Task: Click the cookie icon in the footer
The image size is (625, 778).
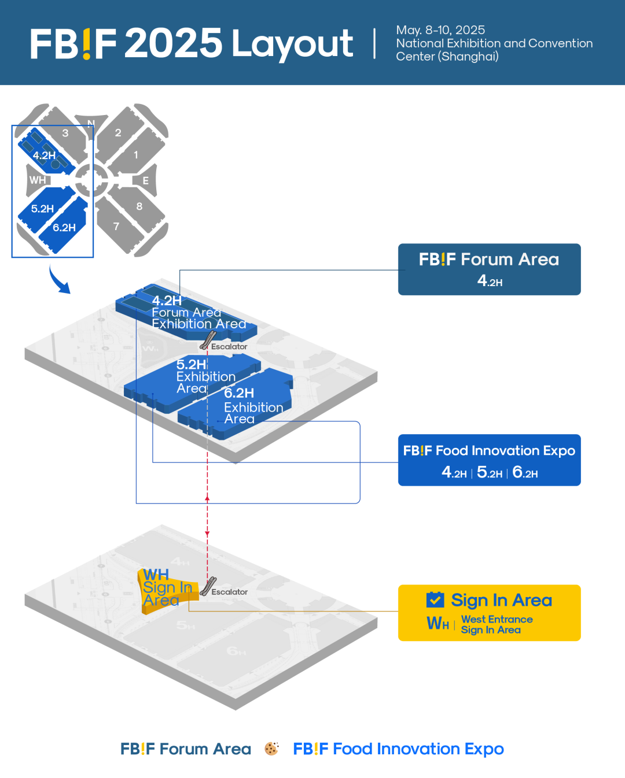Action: [x=271, y=749]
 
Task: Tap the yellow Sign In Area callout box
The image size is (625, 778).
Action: [x=489, y=613]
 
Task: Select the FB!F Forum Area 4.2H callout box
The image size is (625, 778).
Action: [x=489, y=269]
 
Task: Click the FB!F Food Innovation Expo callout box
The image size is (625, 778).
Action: [x=489, y=460]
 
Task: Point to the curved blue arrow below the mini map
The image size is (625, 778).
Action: [x=58, y=280]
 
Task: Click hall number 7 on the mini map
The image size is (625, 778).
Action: [x=116, y=227]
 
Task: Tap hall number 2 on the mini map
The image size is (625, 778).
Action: [x=118, y=133]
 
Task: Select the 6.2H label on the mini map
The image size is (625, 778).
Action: [x=64, y=228]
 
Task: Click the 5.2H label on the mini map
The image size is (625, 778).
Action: [x=42, y=209]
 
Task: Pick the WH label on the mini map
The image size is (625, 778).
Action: [x=38, y=180]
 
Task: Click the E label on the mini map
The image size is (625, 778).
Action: [x=145, y=181]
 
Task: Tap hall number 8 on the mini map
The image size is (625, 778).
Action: [x=139, y=206]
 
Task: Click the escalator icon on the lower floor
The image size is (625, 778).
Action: [x=208, y=586]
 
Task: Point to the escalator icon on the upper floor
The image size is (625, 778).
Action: [x=207, y=341]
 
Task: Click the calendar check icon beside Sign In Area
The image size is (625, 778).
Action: [x=435, y=600]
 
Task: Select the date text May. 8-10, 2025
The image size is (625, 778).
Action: [x=440, y=30]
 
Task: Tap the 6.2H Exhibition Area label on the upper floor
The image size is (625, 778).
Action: [x=253, y=406]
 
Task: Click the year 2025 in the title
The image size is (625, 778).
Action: [x=173, y=43]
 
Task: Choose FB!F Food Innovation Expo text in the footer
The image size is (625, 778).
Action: [x=398, y=749]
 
